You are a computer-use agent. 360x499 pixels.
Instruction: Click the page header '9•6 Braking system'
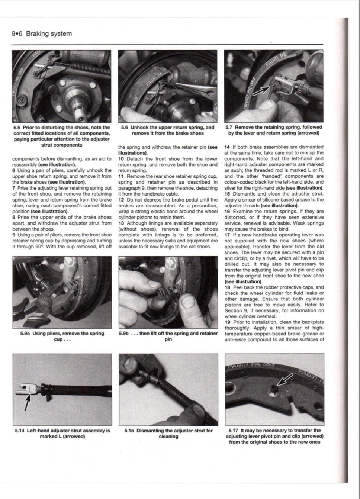42,34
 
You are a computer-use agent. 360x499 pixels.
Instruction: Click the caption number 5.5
17,128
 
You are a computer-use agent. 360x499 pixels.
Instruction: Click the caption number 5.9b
123,334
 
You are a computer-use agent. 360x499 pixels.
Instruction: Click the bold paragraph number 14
227,147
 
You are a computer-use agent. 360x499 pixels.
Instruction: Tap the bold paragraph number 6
13,171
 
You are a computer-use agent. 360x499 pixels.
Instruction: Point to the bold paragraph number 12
121,200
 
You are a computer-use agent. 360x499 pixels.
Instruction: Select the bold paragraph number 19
227,322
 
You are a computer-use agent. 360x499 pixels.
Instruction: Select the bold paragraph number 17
227,235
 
